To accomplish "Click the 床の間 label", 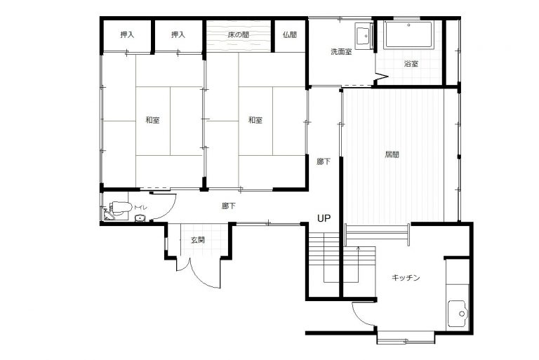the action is click(238, 34).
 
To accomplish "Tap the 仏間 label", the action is click(290, 34).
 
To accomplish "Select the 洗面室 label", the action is click(341, 52).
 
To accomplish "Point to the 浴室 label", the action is click(411, 64).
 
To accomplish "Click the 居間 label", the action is click(392, 154).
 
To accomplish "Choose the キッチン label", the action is click(406, 277).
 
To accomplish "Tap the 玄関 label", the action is click(198, 240).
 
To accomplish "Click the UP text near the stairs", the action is click(324, 218).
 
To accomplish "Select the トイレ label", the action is click(140, 207).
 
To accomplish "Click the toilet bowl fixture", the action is click(120, 208).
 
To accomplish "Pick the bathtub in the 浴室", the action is click(408, 34).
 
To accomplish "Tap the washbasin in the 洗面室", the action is click(363, 34).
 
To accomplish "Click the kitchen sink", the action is click(457, 313).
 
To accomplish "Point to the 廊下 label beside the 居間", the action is click(324, 161).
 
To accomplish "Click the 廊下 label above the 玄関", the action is click(229, 206).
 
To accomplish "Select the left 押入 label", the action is click(127, 34).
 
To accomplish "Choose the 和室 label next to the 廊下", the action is click(255, 120).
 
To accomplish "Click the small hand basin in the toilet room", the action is click(140, 218).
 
